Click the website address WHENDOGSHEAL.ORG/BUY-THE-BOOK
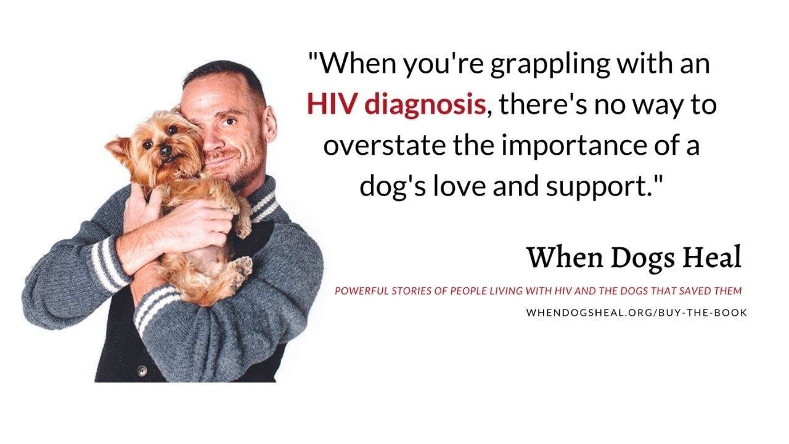tap(636, 313)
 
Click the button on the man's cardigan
tap(142, 371)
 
